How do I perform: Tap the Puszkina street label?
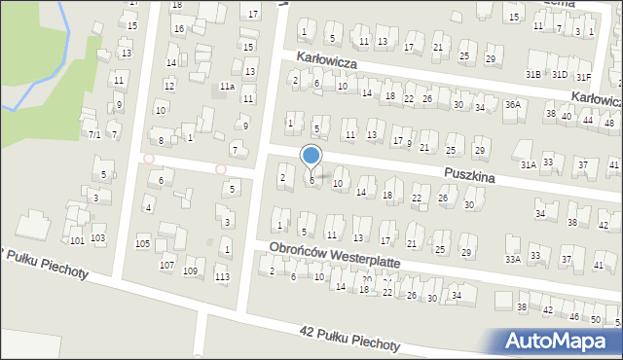[469, 176]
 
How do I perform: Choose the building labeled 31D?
[559, 74]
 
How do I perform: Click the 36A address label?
[513, 104]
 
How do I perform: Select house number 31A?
[528, 165]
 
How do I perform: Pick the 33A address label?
[512, 259]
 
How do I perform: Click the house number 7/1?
[94, 134]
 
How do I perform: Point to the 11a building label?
[227, 87]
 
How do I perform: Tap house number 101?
[77, 239]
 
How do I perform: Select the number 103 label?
[97, 237]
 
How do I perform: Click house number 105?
[143, 242]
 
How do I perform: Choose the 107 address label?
[166, 265]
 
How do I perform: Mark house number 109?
[191, 270]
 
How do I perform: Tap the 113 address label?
[223, 276]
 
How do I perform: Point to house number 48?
[608, 123]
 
